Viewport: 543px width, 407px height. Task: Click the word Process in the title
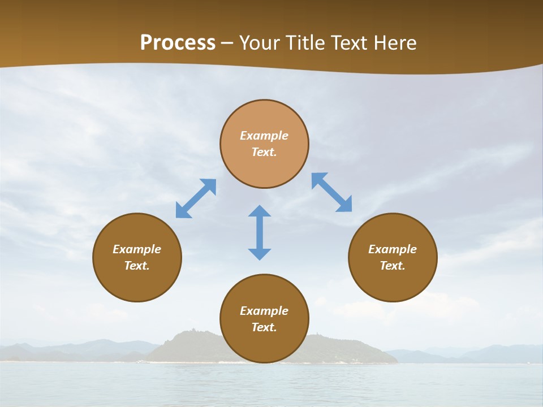(178, 43)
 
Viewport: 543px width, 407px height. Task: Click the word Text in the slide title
(350, 43)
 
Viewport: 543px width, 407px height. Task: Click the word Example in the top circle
(264, 136)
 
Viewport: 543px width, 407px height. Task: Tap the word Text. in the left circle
(137, 266)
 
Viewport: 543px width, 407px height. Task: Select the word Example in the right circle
(393, 249)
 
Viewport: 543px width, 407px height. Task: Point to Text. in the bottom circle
(264, 327)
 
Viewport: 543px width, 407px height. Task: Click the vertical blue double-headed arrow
(260, 232)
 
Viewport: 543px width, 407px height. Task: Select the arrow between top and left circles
(196, 198)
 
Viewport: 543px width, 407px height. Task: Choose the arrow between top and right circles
(331, 192)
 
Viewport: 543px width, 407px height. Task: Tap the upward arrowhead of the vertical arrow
(260, 211)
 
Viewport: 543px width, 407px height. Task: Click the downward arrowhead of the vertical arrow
(260, 253)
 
